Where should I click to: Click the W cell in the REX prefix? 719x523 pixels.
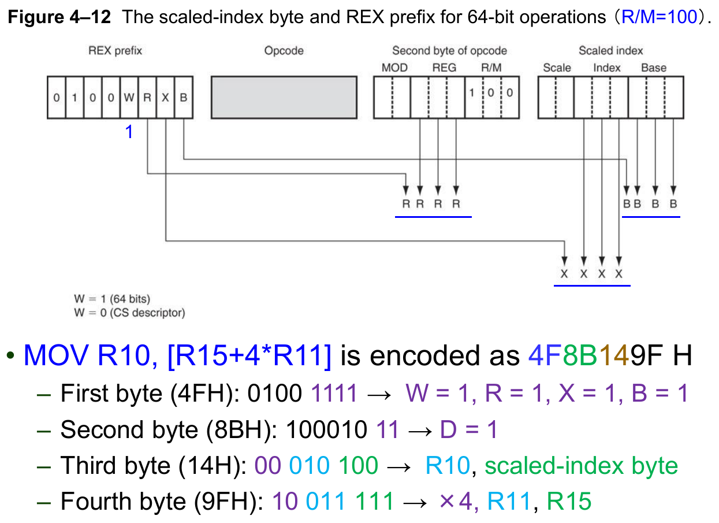(x=129, y=98)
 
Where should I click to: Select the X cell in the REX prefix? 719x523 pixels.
(x=165, y=98)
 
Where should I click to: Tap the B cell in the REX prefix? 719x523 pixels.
(x=183, y=98)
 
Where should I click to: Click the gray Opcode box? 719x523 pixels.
(x=284, y=98)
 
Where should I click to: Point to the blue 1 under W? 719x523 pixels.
(x=129, y=132)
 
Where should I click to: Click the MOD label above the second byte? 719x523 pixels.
(x=394, y=68)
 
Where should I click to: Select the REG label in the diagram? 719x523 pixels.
(x=444, y=68)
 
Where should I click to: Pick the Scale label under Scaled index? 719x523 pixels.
(x=557, y=68)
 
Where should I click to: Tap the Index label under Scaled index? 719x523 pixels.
(x=606, y=68)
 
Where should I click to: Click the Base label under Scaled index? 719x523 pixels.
(x=654, y=68)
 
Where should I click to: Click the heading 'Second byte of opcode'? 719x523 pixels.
(x=449, y=51)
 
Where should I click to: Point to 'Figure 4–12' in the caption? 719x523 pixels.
(x=59, y=17)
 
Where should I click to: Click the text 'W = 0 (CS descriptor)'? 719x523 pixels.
(x=129, y=313)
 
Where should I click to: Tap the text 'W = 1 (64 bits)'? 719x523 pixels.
(x=111, y=299)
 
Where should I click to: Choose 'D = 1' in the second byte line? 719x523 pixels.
(x=468, y=429)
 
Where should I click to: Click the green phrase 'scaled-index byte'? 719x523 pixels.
(x=581, y=465)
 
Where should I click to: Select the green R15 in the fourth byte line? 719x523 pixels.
(x=569, y=501)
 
